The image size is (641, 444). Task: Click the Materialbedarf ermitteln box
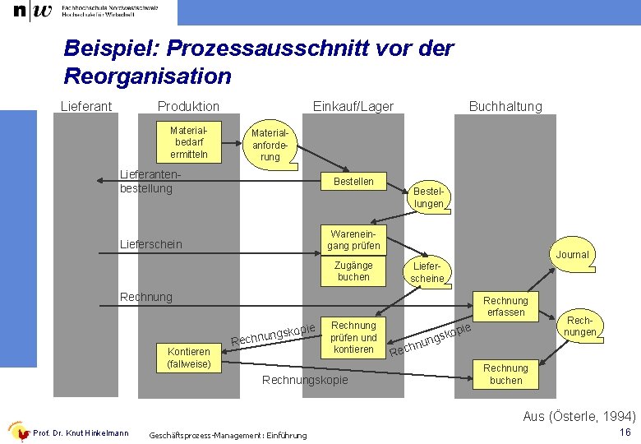189,142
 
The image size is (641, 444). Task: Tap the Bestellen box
353,182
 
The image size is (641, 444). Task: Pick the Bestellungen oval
429,197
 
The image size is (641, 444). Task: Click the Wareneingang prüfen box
353,239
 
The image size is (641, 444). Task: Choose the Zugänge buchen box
353,271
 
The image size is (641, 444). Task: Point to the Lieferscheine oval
427,273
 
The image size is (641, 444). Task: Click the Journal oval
572,255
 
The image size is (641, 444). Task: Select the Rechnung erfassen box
505,306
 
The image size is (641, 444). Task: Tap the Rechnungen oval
580,326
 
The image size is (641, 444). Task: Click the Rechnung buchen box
505,374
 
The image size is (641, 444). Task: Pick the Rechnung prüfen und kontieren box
353,337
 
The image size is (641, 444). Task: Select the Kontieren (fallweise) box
189,357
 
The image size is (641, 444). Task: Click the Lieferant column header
86,106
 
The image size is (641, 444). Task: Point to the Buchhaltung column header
505,106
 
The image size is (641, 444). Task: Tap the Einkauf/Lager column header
353,106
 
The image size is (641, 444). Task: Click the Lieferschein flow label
151,245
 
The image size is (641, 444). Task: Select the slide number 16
625,432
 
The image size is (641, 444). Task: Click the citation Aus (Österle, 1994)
579,416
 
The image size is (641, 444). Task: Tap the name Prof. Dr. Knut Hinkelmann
81,433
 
